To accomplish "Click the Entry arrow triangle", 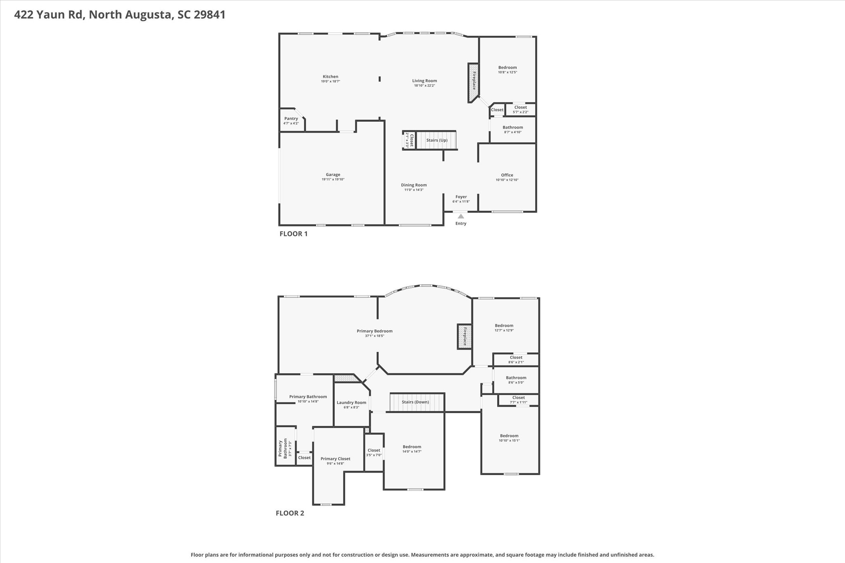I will coord(461,216).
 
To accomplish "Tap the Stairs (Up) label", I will coord(437,140).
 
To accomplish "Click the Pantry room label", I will coord(291,119).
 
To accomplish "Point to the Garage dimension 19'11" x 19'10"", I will coord(333,179).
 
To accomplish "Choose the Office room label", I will coord(507,175).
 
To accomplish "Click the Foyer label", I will coord(461,197).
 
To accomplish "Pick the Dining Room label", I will coord(414,185).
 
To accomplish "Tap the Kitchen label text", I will coord(330,76).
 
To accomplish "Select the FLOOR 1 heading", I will coord(293,234).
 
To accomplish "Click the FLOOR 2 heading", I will coord(290,513).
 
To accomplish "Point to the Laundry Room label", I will coord(351,403).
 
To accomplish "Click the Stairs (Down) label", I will coord(415,402).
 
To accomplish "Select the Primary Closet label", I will coord(335,459).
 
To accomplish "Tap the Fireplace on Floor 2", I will coord(465,337).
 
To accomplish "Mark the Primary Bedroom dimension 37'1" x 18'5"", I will coord(375,336).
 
